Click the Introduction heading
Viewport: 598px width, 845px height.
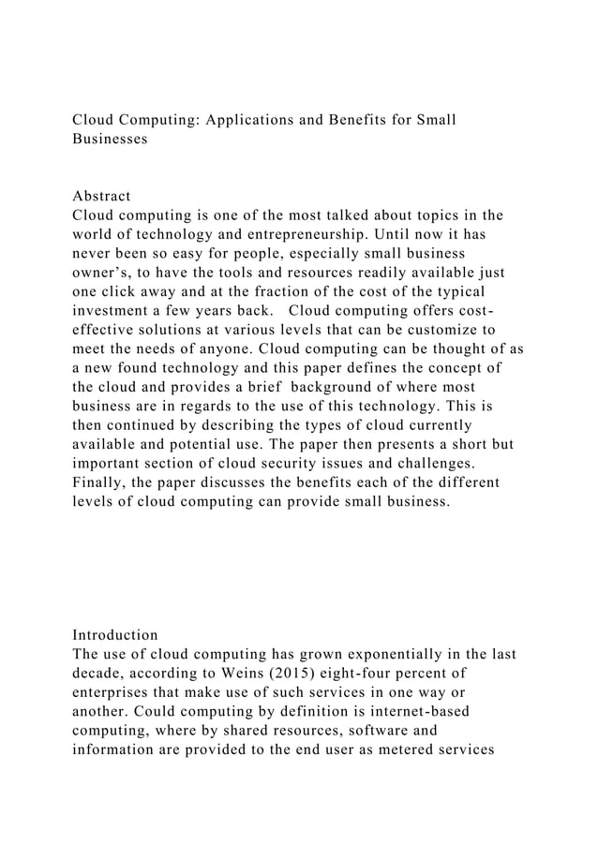(115, 634)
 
